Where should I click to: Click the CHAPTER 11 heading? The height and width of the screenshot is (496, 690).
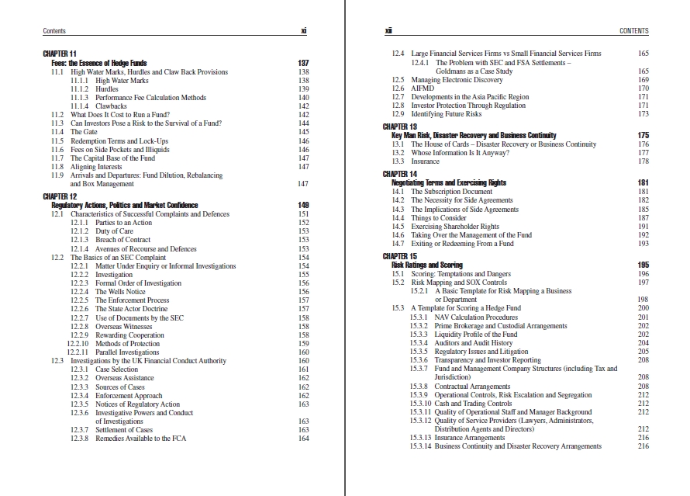[x=60, y=54]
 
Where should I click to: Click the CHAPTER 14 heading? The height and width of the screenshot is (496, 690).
[x=400, y=174]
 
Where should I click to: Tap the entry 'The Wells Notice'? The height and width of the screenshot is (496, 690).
[x=120, y=292]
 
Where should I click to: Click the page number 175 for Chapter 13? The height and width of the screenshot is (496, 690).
[x=643, y=136]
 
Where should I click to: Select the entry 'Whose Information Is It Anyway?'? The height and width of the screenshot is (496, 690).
[x=460, y=153]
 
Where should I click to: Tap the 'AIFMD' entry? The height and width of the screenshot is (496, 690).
[x=423, y=88]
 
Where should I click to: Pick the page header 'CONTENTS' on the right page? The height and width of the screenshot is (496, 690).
[x=634, y=31]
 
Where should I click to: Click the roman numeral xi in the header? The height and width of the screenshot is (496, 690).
[x=303, y=31]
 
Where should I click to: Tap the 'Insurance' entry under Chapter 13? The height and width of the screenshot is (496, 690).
[x=425, y=161]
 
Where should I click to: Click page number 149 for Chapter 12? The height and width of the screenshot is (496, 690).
[x=303, y=205]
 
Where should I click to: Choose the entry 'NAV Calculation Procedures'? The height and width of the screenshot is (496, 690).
[x=476, y=317]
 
